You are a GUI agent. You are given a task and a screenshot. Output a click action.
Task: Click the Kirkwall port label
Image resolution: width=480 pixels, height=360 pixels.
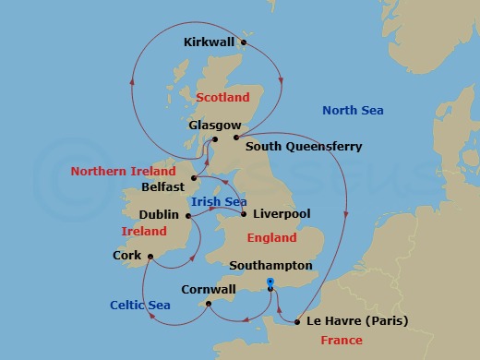pyautogui.click(x=210, y=42)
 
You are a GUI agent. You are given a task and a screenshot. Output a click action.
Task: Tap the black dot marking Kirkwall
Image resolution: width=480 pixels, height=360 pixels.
pyautogui.click(x=244, y=42)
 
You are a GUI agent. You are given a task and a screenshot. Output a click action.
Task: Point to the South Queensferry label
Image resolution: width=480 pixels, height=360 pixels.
pyautogui.click(x=304, y=146)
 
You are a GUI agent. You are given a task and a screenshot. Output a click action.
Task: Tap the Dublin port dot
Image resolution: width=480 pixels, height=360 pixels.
pyautogui.click(x=187, y=217)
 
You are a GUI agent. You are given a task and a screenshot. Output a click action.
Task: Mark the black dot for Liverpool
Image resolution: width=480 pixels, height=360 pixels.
pyautogui.click(x=243, y=215)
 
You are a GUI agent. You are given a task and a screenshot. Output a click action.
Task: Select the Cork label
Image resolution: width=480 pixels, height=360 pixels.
pyautogui.click(x=126, y=255)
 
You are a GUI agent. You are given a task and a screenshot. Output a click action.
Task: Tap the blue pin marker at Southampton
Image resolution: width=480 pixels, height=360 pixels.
pyautogui.click(x=270, y=283)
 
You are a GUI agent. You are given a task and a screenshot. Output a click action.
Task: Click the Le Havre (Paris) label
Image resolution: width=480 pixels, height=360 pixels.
pyautogui.click(x=356, y=322)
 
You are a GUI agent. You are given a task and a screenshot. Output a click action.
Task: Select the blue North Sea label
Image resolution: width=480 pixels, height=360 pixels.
pyautogui.click(x=353, y=111)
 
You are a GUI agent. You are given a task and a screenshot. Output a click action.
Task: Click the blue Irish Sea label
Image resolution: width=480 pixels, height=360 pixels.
pyautogui.click(x=218, y=200)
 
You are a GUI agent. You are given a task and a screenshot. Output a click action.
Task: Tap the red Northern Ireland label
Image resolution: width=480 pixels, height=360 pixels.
pyautogui.click(x=124, y=172)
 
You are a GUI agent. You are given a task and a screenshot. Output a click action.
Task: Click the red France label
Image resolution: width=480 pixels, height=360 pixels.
pyautogui.click(x=341, y=342)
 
